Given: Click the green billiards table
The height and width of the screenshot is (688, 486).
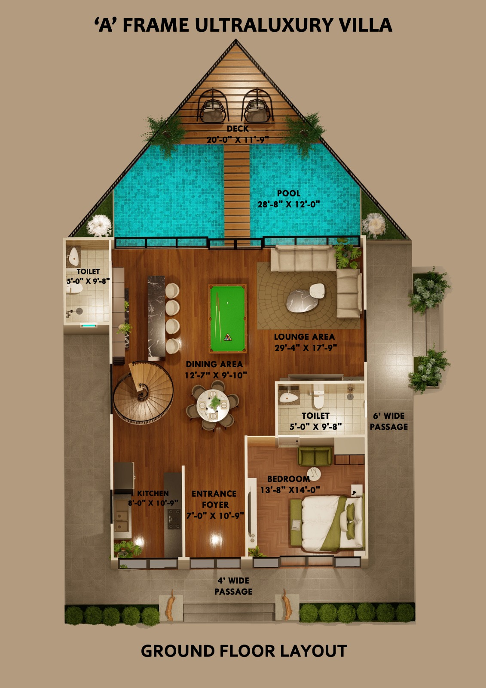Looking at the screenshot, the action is pos(228,319).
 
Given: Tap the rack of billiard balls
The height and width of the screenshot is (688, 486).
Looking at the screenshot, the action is pos(228,337).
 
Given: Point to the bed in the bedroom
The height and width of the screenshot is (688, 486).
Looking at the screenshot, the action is pos(327,522).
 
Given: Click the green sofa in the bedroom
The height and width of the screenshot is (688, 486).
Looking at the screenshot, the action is pos(315,456).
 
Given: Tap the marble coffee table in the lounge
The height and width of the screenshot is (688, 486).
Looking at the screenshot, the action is pos(302,301).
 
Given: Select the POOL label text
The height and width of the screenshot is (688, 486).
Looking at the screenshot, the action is pos(289,193).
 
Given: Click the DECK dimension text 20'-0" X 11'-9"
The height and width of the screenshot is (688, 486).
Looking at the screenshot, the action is pos(238,140).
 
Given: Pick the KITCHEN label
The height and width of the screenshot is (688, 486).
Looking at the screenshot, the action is pos(153,493).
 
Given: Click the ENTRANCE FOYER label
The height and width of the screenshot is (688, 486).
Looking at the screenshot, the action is pos(214,499).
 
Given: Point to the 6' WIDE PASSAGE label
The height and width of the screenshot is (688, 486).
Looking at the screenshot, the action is pos(389,421).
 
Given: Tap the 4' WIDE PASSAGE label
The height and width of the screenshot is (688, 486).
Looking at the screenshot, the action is pos(233,586).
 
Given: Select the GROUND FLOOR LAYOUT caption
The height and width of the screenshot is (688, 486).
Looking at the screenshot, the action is pos(244,651).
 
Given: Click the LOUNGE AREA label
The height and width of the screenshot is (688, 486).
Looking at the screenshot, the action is pos(304,337).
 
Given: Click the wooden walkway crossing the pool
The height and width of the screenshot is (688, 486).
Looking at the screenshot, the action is pos(237,193).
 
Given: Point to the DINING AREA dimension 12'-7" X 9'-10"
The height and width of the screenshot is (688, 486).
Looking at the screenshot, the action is pos(216,375).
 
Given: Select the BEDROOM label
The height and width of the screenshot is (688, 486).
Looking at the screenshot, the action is pos(289,479).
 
